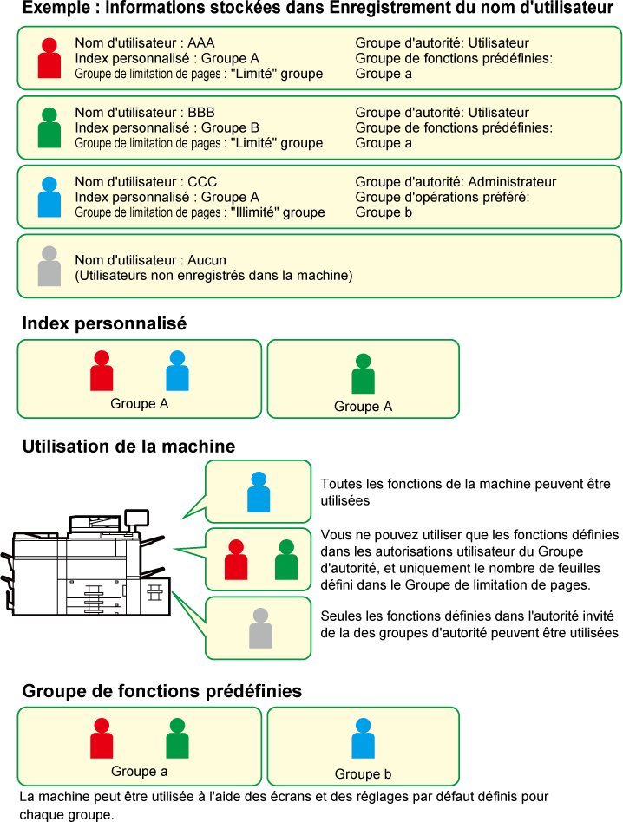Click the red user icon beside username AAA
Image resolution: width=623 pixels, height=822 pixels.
pyautogui.click(x=49, y=58)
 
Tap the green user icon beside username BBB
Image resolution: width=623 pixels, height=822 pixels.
pyautogui.click(x=49, y=127)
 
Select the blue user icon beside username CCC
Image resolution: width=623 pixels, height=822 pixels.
pyautogui.click(x=49, y=197)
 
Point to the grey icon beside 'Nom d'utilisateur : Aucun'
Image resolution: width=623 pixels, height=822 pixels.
pyautogui.click(x=49, y=266)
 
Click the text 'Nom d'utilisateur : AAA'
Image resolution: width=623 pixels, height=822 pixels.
pyautogui.click(x=145, y=43)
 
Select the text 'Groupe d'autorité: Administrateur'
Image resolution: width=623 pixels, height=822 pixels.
pyautogui.click(x=456, y=182)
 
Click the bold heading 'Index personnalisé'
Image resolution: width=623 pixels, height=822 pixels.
pyautogui.click(x=104, y=323)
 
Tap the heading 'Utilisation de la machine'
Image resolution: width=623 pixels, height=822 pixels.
pyautogui.click(x=129, y=447)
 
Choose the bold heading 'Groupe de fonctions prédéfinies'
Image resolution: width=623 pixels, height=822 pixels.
pyautogui.click(x=162, y=691)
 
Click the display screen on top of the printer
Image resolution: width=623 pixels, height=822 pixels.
pyautogui.click(x=136, y=518)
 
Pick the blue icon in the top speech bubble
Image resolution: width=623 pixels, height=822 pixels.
pyautogui.click(x=259, y=492)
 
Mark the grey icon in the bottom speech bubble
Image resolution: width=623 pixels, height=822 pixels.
pyautogui.click(x=260, y=628)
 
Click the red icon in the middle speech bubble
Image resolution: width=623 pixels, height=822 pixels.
pyautogui.click(x=236, y=559)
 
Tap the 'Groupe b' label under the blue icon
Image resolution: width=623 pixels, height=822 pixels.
pyautogui.click(x=363, y=774)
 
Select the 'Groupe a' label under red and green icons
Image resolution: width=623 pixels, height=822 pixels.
pyautogui.click(x=140, y=772)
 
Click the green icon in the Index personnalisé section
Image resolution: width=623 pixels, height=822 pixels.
pyautogui.click(x=363, y=374)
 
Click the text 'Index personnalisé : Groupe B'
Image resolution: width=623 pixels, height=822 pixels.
pyautogui.click(x=167, y=128)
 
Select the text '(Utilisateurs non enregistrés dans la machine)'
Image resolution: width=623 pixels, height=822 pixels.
pyautogui.click(x=214, y=276)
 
